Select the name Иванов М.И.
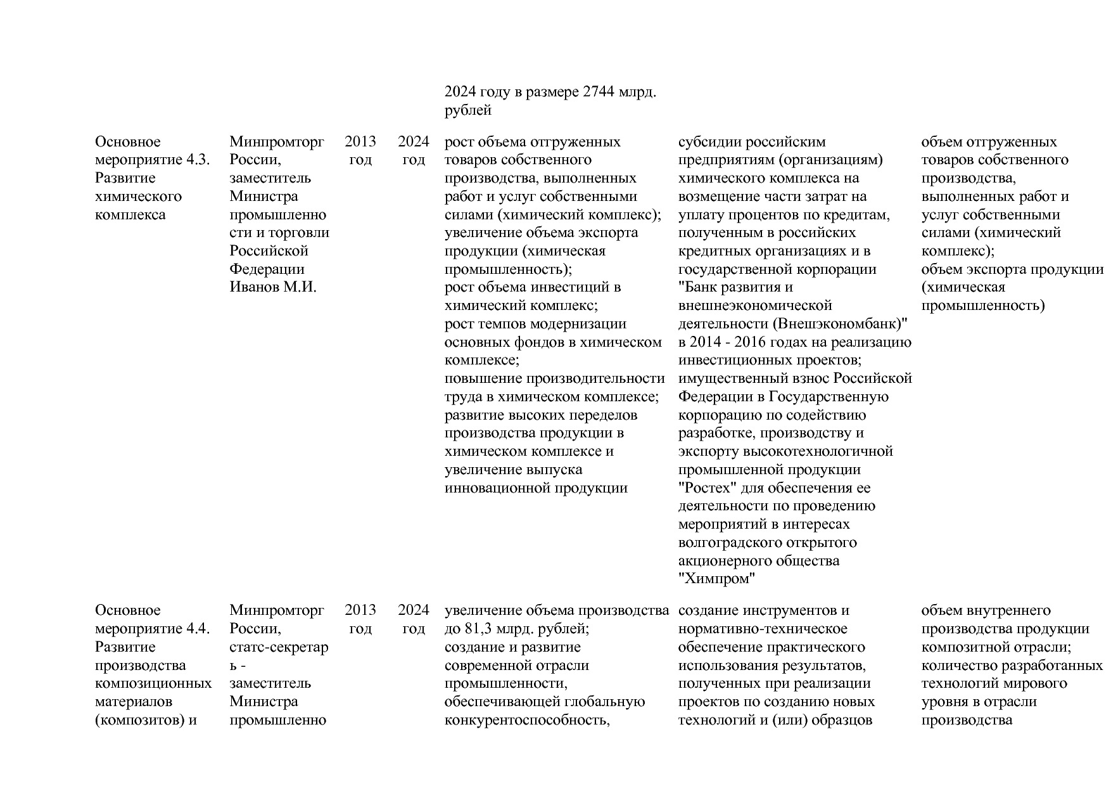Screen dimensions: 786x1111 click(273, 287)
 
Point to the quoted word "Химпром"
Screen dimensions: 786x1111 click(717, 579)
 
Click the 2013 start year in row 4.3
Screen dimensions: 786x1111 click(360, 141)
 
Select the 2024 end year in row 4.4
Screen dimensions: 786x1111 click(413, 610)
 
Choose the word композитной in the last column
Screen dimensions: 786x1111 click(960, 647)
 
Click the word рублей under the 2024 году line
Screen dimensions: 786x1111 click(468, 111)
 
